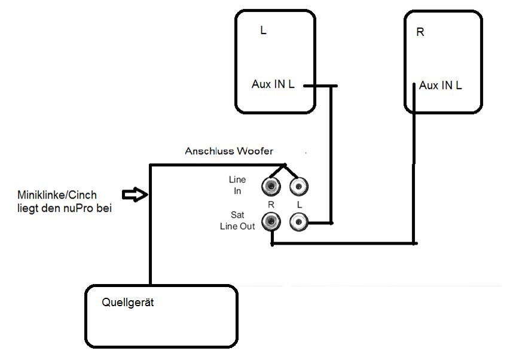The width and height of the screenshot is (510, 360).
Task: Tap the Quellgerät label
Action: pyautogui.click(x=129, y=303)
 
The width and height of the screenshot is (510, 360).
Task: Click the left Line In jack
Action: pyautogui.click(x=272, y=188)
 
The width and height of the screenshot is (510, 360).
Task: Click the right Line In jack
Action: pyautogui.click(x=298, y=188)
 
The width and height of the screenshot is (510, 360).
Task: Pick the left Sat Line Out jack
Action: pyautogui.click(x=272, y=224)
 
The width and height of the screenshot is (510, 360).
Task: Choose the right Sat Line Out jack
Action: pyautogui.click(x=298, y=224)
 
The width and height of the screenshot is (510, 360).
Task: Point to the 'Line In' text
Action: pyautogui.click(x=237, y=185)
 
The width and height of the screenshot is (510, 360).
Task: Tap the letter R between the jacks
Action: pyautogui.click(x=271, y=205)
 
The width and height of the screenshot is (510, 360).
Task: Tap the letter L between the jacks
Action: pyautogui.click(x=298, y=205)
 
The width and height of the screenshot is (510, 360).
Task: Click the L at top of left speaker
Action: pyautogui.click(x=263, y=30)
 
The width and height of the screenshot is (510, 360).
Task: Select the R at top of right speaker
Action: pyautogui.click(x=420, y=32)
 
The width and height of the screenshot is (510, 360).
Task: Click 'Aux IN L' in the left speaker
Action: pyautogui.click(x=273, y=84)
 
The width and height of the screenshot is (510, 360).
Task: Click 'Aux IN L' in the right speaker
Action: pyautogui.click(x=441, y=86)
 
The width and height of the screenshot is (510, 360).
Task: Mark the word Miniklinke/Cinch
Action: pyautogui.click(x=57, y=195)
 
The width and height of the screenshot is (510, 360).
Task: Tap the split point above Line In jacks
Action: pyautogui.click(x=285, y=165)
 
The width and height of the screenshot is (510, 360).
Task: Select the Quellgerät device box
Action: pyautogui.click(x=161, y=316)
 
